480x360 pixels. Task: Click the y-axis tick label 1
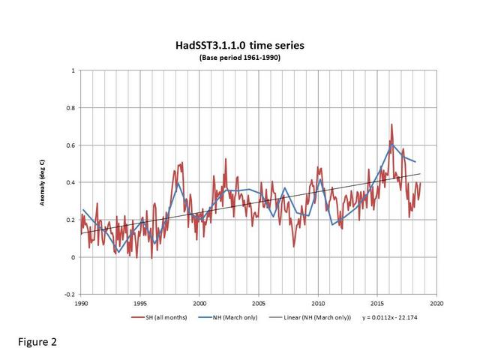point(73,70)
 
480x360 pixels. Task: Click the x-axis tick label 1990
point(81,304)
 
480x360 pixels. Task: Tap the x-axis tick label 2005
point(259,304)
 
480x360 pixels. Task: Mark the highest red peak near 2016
point(391,124)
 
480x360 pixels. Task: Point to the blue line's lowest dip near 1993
point(117,253)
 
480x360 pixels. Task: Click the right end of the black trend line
point(420,174)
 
